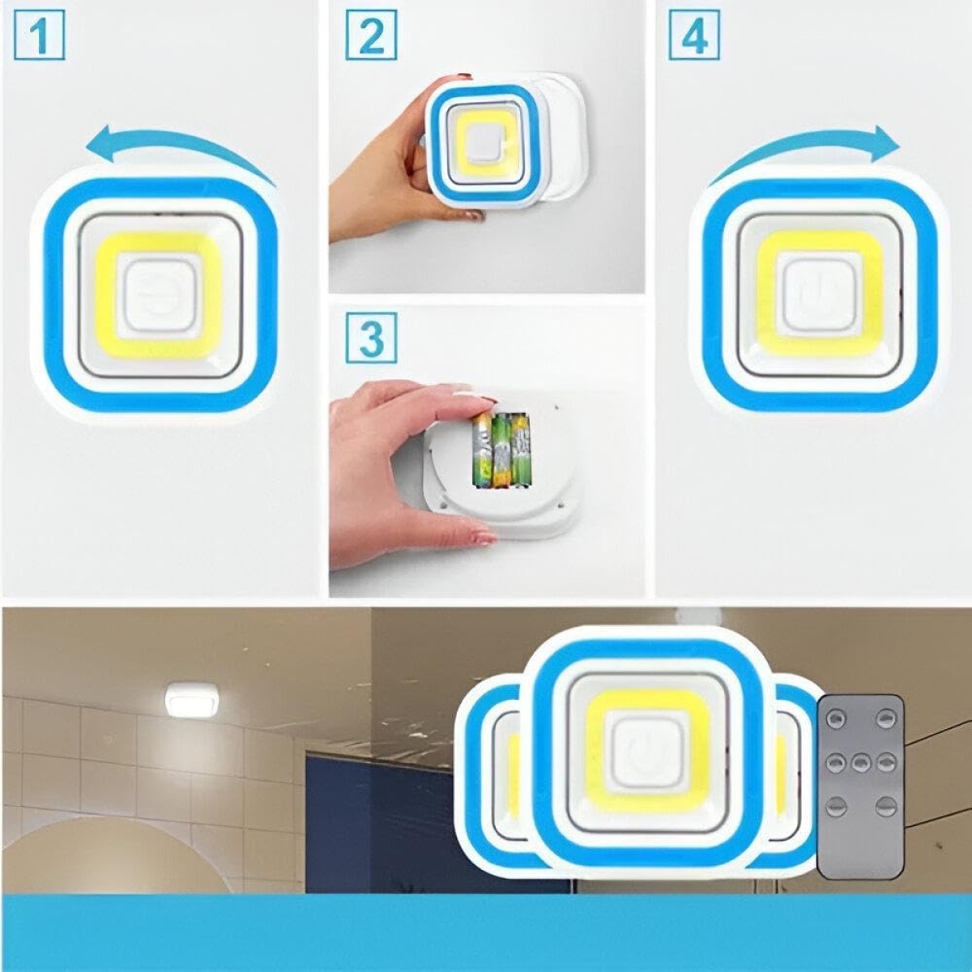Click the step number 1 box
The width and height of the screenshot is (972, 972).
coord(40,36)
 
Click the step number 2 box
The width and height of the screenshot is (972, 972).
coord(371,36)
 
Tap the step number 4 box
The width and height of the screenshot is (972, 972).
coord(694,36)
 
